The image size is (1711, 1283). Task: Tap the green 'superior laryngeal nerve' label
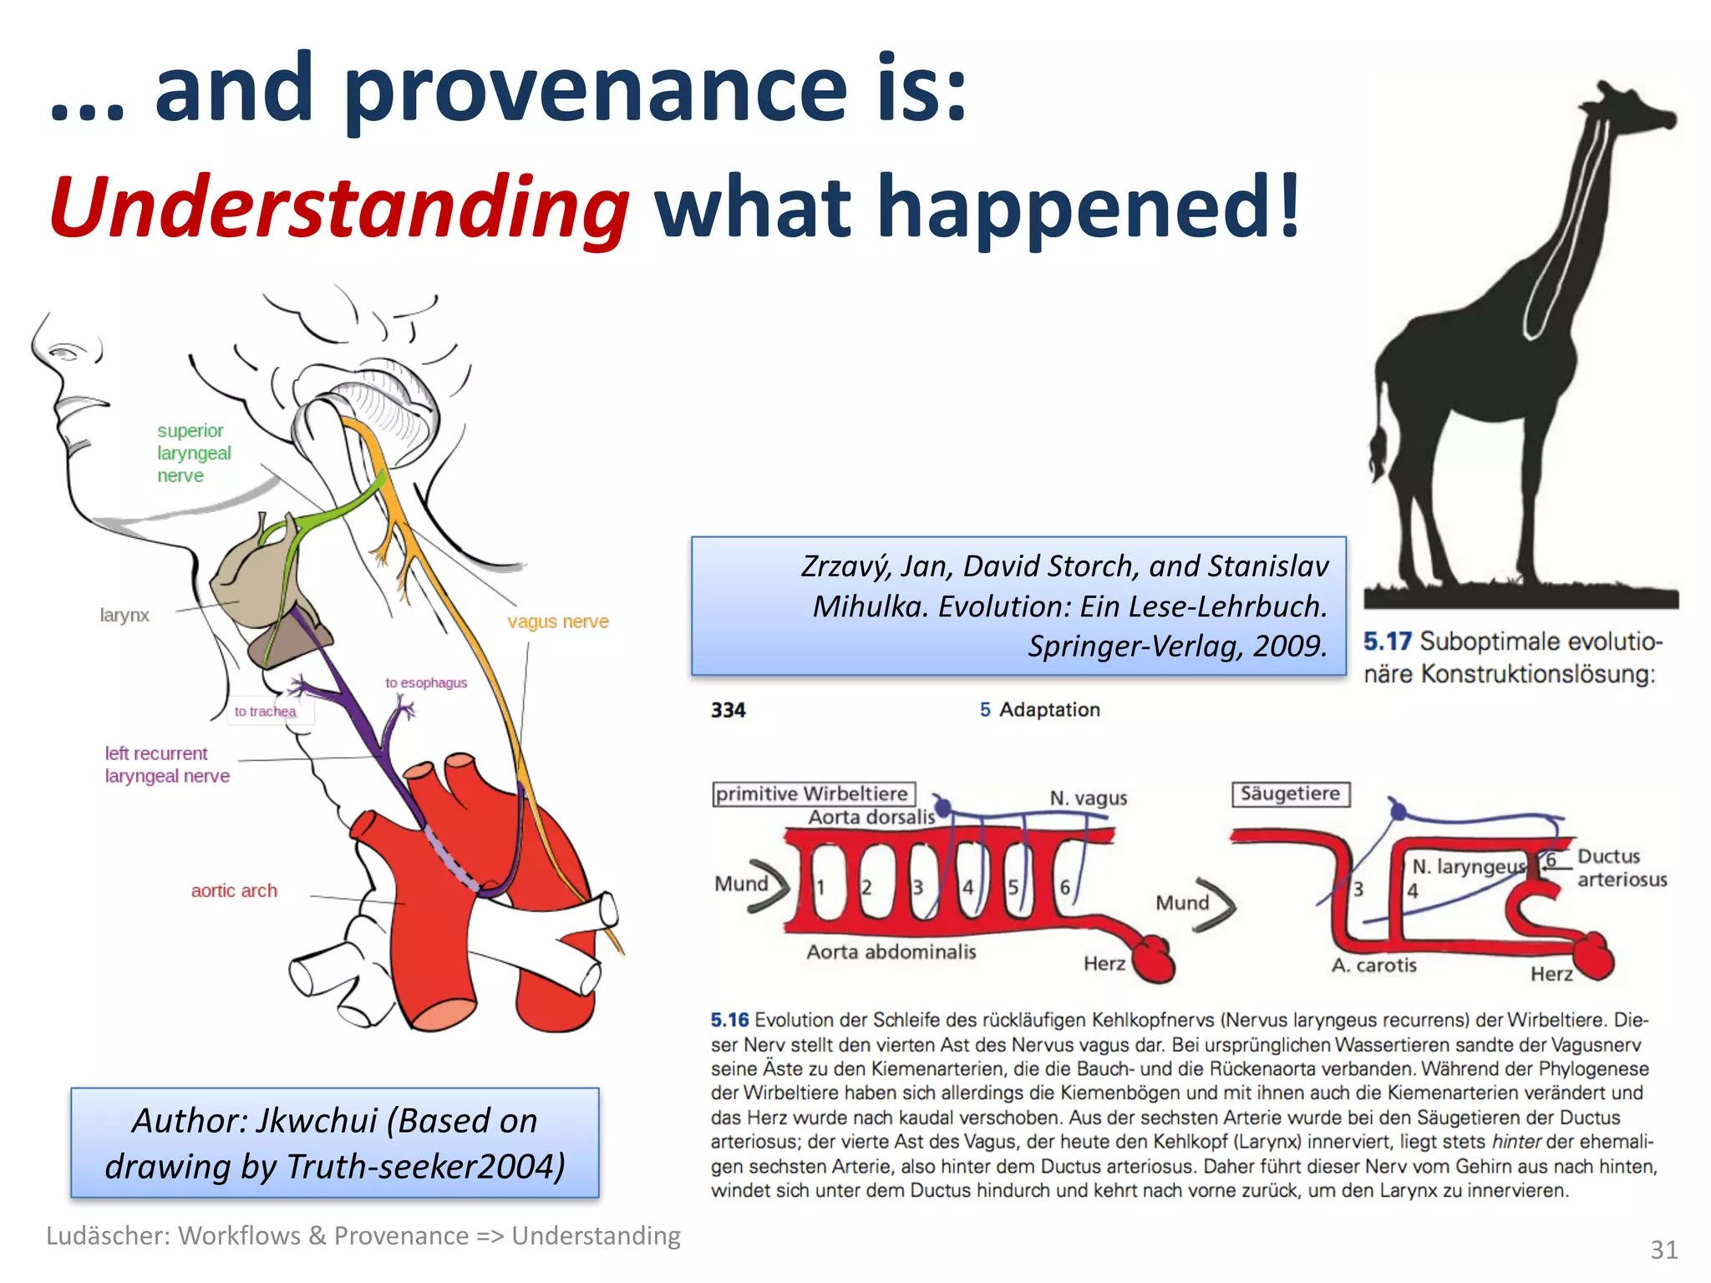(x=193, y=453)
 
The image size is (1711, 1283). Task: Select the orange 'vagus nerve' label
(x=557, y=621)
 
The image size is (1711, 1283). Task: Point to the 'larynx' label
(x=124, y=616)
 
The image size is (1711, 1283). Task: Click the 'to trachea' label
(x=265, y=712)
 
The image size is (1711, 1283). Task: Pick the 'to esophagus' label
(x=426, y=682)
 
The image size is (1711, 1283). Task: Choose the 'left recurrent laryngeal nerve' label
(x=166, y=764)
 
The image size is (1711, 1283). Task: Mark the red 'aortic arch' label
(x=234, y=890)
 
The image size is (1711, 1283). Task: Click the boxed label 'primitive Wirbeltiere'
(x=812, y=794)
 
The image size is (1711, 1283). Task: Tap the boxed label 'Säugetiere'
(x=1290, y=794)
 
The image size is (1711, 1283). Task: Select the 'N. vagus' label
(x=1088, y=799)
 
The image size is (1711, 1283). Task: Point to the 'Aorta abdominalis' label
(x=891, y=951)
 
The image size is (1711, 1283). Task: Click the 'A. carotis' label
(x=1373, y=966)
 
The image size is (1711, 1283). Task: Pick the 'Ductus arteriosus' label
(x=1621, y=868)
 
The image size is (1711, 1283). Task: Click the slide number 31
(x=1663, y=1250)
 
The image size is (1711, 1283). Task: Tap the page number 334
(x=728, y=710)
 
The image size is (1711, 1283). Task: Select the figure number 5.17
(x=1387, y=641)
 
